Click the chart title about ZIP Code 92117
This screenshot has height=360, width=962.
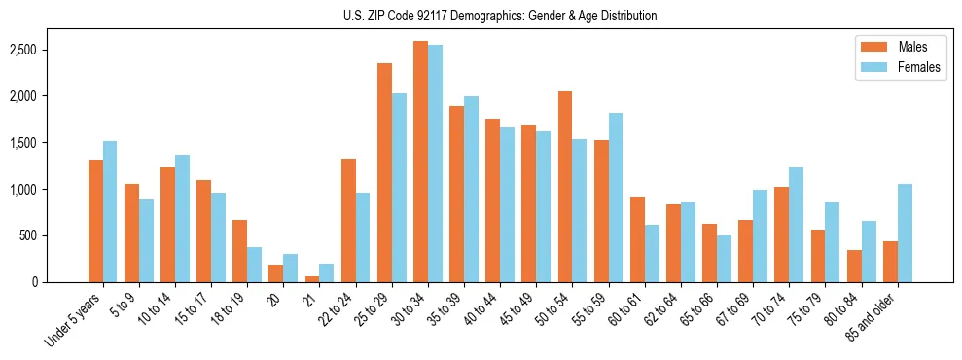click(500, 16)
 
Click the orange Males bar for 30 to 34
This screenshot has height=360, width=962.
click(420, 162)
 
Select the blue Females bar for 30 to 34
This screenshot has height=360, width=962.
click(435, 163)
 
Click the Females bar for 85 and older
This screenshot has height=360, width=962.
click(905, 233)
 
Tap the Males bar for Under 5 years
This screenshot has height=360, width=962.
click(95, 221)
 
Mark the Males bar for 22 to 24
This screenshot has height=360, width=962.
click(348, 220)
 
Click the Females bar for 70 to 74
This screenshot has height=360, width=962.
click(796, 225)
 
